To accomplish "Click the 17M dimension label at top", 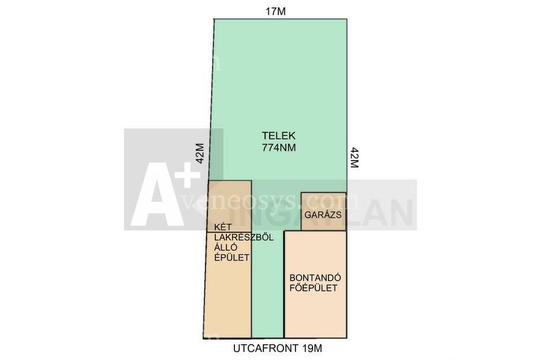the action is click(275, 12).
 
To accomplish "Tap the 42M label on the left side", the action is click(200, 153).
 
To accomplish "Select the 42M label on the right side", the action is click(355, 157).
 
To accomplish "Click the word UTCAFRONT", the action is click(264, 348).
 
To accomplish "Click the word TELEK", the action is click(278, 136).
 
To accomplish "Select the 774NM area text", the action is click(279, 147).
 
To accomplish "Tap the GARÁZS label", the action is click(323, 215).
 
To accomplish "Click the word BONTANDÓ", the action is click(315, 278).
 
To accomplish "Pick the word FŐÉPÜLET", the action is click(314, 288).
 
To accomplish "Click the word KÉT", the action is click(223, 227).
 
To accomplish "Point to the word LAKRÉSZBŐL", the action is click(244, 237).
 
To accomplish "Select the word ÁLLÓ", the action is click(226, 247).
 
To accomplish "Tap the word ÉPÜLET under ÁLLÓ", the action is click(232, 258).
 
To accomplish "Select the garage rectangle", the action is click(324, 211).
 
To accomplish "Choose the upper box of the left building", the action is click(229, 206).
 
